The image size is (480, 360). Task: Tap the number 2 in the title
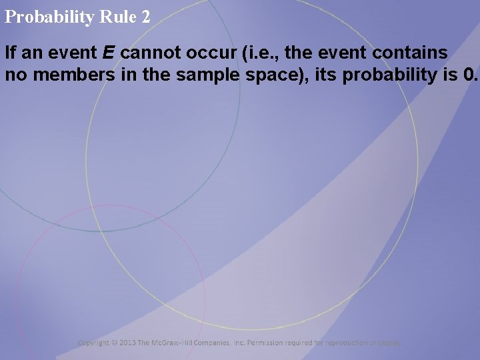point(146,17)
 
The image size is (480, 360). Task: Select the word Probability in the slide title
point(49,17)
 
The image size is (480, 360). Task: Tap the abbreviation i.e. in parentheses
point(260,53)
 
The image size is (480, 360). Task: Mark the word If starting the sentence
point(11,53)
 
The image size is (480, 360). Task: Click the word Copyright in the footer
point(94,343)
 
